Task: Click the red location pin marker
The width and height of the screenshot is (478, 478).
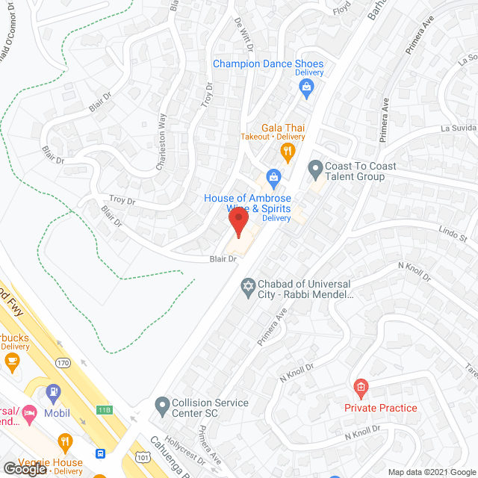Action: pyautogui.click(x=238, y=223)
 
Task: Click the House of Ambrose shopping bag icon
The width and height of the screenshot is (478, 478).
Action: pyautogui.click(x=274, y=178)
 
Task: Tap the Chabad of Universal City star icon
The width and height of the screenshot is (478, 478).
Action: pyautogui.click(x=248, y=286)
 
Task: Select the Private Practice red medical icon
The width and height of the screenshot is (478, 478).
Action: pyautogui.click(x=361, y=386)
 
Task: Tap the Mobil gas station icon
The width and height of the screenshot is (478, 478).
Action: pyautogui.click(x=53, y=391)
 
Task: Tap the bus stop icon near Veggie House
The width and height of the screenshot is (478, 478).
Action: pyautogui.click(x=100, y=453)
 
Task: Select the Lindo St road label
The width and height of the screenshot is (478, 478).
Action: pyautogui.click(x=453, y=235)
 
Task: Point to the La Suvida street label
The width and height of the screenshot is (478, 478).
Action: pyautogui.click(x=459, y=128)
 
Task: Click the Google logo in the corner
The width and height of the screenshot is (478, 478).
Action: pyautogui.click(x=24, y=469)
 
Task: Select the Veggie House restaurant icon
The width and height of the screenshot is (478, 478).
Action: pyautogui.click(x=65, y=441)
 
